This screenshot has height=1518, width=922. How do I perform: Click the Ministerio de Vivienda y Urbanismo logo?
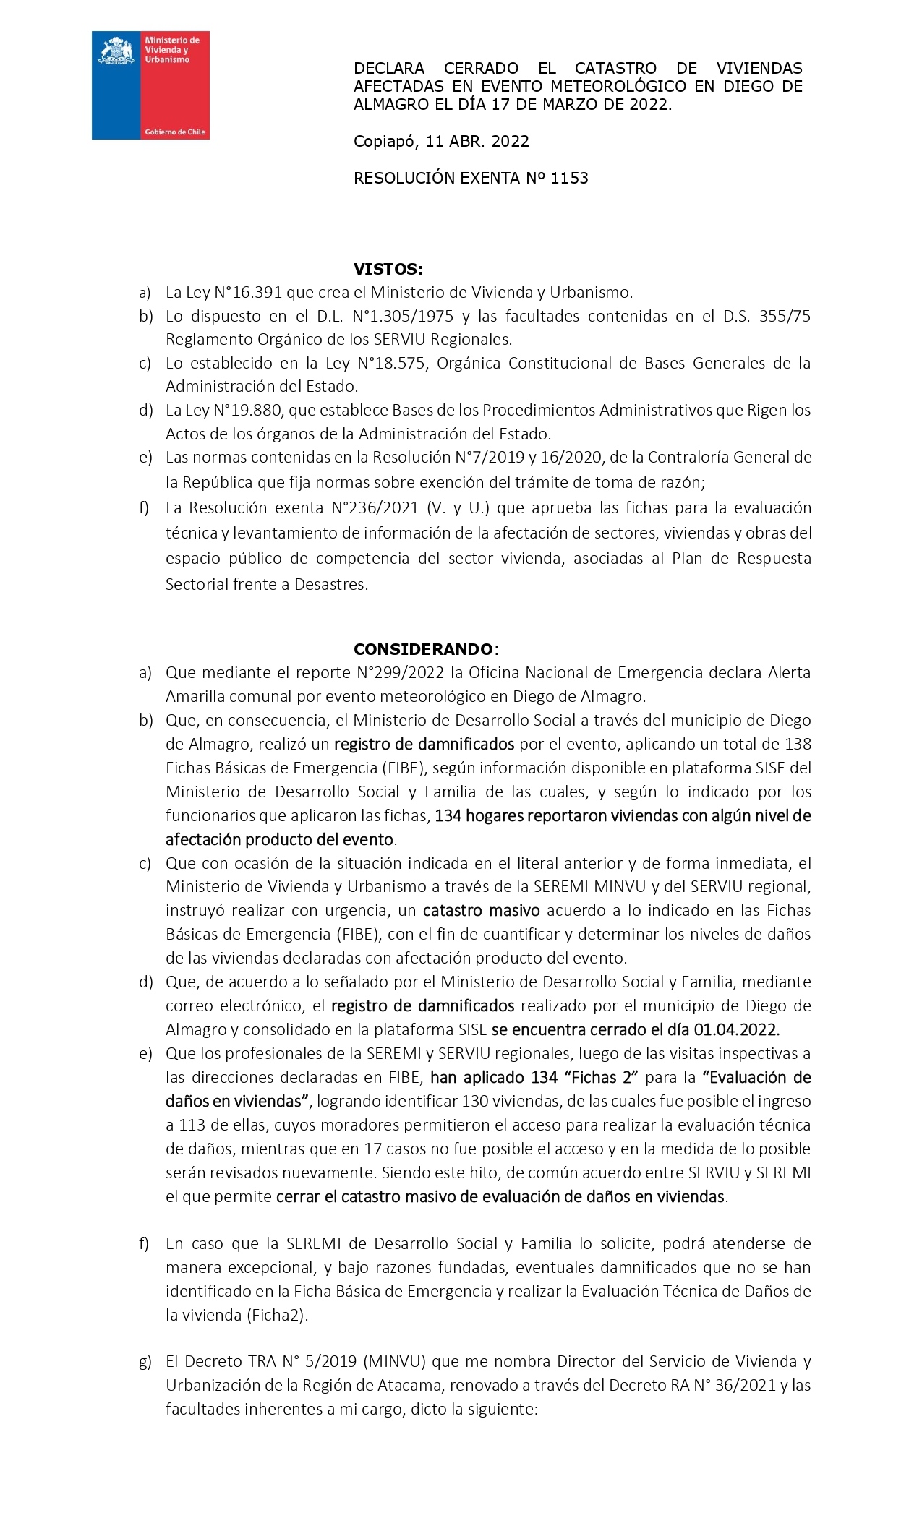coord(150,85)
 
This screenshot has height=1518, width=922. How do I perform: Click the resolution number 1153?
coord(569,179)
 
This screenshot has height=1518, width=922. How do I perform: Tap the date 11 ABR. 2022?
coord(477,142)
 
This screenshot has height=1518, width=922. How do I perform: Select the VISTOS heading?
coord(388,270)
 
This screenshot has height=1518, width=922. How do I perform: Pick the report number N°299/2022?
coord(401,673)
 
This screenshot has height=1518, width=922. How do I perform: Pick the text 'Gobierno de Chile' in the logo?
coord(175,132)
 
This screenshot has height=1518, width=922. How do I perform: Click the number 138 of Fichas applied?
coord(798,745)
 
